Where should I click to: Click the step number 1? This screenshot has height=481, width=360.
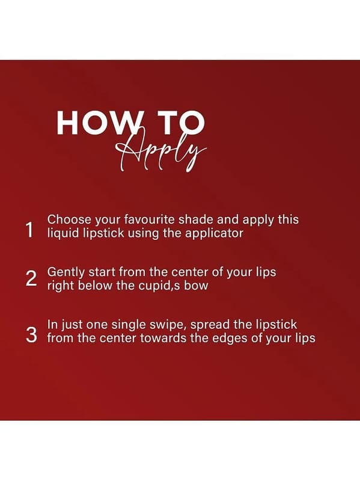click(29, 230)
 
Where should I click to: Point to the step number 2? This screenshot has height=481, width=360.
click(31, 279)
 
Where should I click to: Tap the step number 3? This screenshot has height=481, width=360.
click(31, 335)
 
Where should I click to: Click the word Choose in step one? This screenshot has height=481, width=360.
click(69, 219)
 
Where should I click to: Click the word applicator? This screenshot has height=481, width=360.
click(215, 233)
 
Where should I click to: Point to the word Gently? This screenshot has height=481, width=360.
click(66, 272)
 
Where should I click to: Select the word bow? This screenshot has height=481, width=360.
click(196, 286)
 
